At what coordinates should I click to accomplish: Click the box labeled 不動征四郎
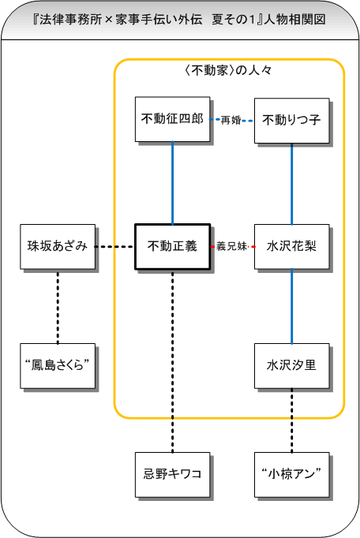[172, 119]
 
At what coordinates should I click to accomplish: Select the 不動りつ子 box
[291, 121]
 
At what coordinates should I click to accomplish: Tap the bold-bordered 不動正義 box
[172, 246]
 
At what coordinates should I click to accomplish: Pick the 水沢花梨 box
[291, 247]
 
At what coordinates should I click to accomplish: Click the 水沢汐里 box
[291, 366]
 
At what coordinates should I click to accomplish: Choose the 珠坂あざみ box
[58, 247]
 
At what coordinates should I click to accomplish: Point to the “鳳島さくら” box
[58, 366]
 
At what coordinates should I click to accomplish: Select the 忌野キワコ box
[172, 475]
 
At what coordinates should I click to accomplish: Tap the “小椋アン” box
[291, 475]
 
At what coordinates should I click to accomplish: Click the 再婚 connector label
[231, 120]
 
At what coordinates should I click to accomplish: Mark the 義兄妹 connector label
[231, 246]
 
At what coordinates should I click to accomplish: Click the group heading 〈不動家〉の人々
[229, 70]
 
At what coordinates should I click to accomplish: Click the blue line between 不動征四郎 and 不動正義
[172, 183]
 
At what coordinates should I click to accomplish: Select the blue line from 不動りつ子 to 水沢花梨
[291, 184]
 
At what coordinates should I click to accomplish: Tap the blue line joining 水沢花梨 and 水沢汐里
[291, 306]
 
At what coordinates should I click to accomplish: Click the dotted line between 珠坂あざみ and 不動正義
[115, 247]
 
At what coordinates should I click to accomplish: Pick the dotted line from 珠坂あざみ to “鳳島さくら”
[58, 306]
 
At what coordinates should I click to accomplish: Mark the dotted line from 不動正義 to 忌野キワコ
[172, 361]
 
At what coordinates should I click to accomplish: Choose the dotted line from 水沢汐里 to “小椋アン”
[291, 420]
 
